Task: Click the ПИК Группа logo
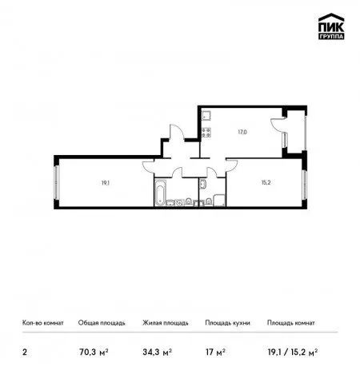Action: (x=331, y=26)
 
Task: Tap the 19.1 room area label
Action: (x=106, y=183)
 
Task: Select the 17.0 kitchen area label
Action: (x=242, y=132)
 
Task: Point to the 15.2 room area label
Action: (x=266, y=182)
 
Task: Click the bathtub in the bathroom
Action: (x=160, y=193)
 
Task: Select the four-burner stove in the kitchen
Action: (x=206, y=133)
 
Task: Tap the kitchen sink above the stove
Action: (x=206, y=116)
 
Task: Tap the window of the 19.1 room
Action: (x=56, y=182)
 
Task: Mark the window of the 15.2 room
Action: (x=305, y=185)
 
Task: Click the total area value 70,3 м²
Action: (x=94, y=352)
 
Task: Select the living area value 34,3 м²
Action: (x=157, y=352)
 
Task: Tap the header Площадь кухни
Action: (x=227, y=323)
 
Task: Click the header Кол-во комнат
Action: (x=43, y=323)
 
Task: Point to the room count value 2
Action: (x=25, y=352)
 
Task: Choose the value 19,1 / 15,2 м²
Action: (x=293, y=352)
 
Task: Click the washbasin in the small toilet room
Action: (x=202, y=185)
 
